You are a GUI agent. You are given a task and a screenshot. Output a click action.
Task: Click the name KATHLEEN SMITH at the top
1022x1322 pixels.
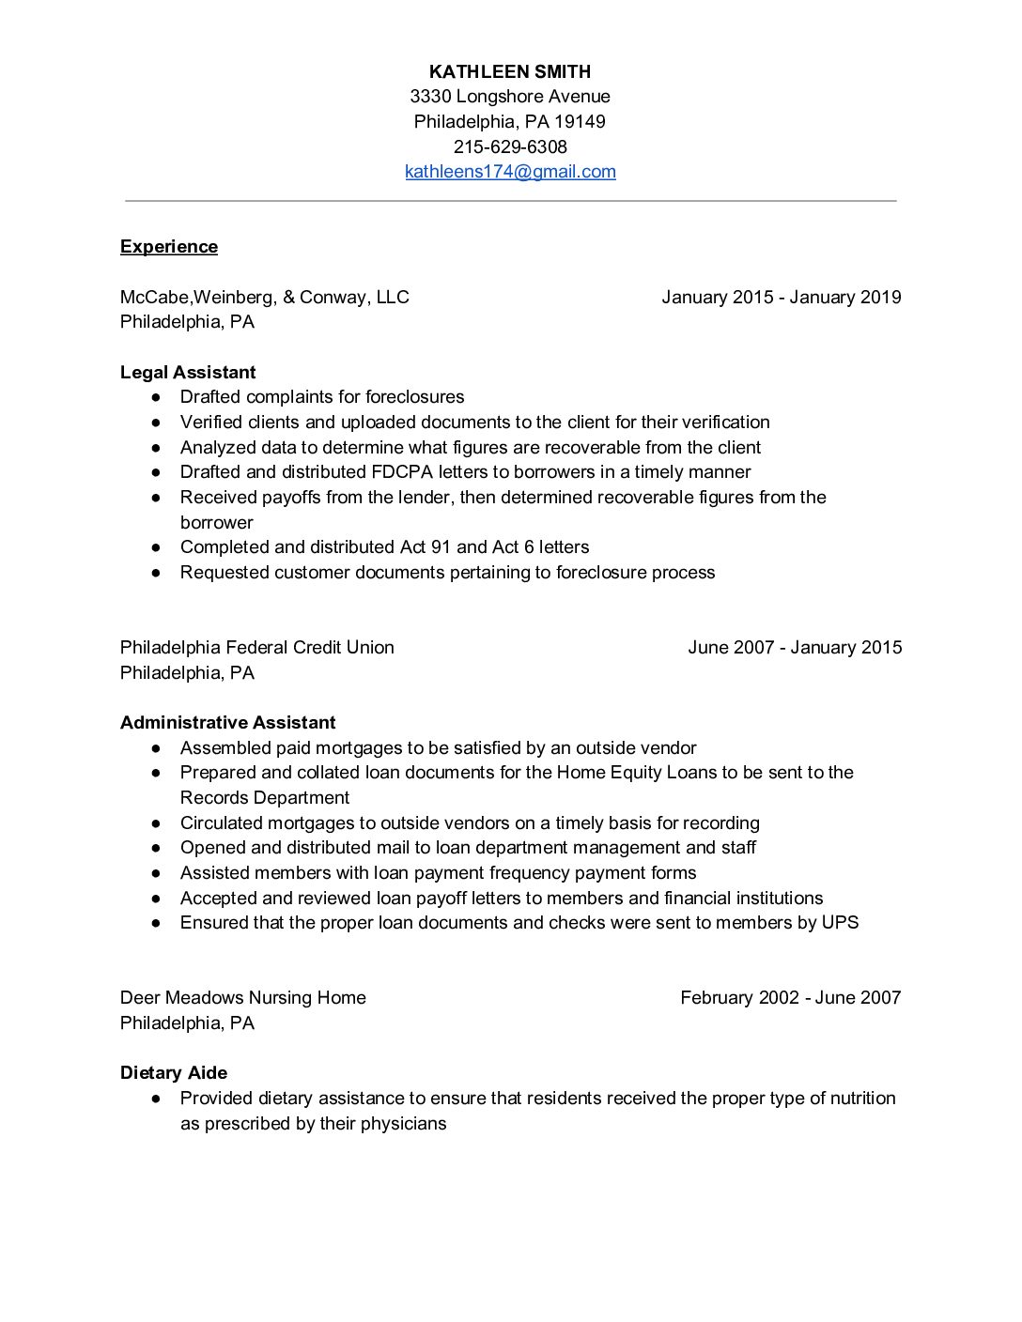coord(510,71)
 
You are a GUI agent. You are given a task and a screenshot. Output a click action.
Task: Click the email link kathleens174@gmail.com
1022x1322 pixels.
coord(510,172)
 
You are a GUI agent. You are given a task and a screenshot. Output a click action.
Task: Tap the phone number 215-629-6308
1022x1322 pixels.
coord(510,146)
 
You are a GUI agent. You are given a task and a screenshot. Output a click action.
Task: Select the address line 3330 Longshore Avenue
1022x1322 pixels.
coord(510,97)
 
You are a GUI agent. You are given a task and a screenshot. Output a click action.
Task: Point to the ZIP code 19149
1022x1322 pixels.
coord(580,122)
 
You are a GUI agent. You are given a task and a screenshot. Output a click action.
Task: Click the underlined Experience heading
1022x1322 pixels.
coord(169,247)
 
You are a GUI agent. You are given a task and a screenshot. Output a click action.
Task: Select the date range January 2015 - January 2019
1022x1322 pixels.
coord(781,298)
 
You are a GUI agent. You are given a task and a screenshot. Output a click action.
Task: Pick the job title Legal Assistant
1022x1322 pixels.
coord(188,373)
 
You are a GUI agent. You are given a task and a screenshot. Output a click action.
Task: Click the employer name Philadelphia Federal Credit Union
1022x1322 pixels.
coord(257,648)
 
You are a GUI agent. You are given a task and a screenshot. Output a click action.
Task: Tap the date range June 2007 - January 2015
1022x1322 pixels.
coord(795,648)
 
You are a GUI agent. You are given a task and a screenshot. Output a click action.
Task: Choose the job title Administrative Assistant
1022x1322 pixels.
coord(227,723)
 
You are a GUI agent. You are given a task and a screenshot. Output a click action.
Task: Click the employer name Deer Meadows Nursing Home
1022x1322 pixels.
coord(243,998)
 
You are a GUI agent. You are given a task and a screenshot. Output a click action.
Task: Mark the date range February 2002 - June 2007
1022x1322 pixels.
coord(790,998)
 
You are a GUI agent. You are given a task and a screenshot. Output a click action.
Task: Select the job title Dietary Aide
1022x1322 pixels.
coord(174,1073)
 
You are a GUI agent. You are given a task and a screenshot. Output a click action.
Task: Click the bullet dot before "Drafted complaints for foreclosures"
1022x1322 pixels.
coord(156,398)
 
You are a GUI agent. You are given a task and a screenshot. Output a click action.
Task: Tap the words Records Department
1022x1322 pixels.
coord(265,798)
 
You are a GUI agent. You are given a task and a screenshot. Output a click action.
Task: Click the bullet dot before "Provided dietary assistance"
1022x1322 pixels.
coord(156,1099)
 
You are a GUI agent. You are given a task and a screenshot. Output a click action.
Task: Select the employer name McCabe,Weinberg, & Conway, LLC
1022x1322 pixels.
coord(265,298)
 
